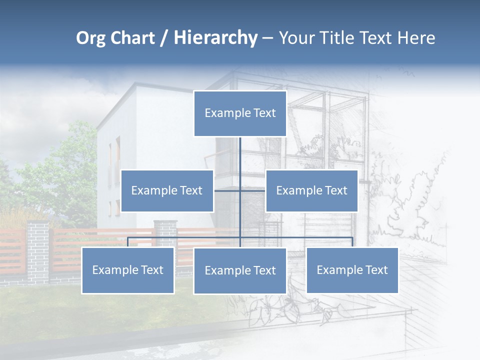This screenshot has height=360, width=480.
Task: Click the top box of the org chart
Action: pos(240,113)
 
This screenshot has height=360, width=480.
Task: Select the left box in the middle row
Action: pos(167,190)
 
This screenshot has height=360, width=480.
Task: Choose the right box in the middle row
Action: pos(311,190)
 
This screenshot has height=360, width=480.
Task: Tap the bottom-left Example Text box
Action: pos(128,270)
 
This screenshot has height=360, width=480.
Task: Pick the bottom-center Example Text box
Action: pos(240,270)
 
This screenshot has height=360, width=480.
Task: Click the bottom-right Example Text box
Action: pos(352,270)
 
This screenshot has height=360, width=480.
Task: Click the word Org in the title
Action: pos(90,38)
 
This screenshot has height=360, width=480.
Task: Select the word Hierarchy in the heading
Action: pos(215,38)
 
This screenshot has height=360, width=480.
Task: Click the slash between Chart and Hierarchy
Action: pos(163,38)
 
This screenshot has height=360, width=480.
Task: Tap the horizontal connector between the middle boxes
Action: pos(227,190)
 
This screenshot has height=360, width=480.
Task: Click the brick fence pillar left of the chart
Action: pos(38,250)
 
